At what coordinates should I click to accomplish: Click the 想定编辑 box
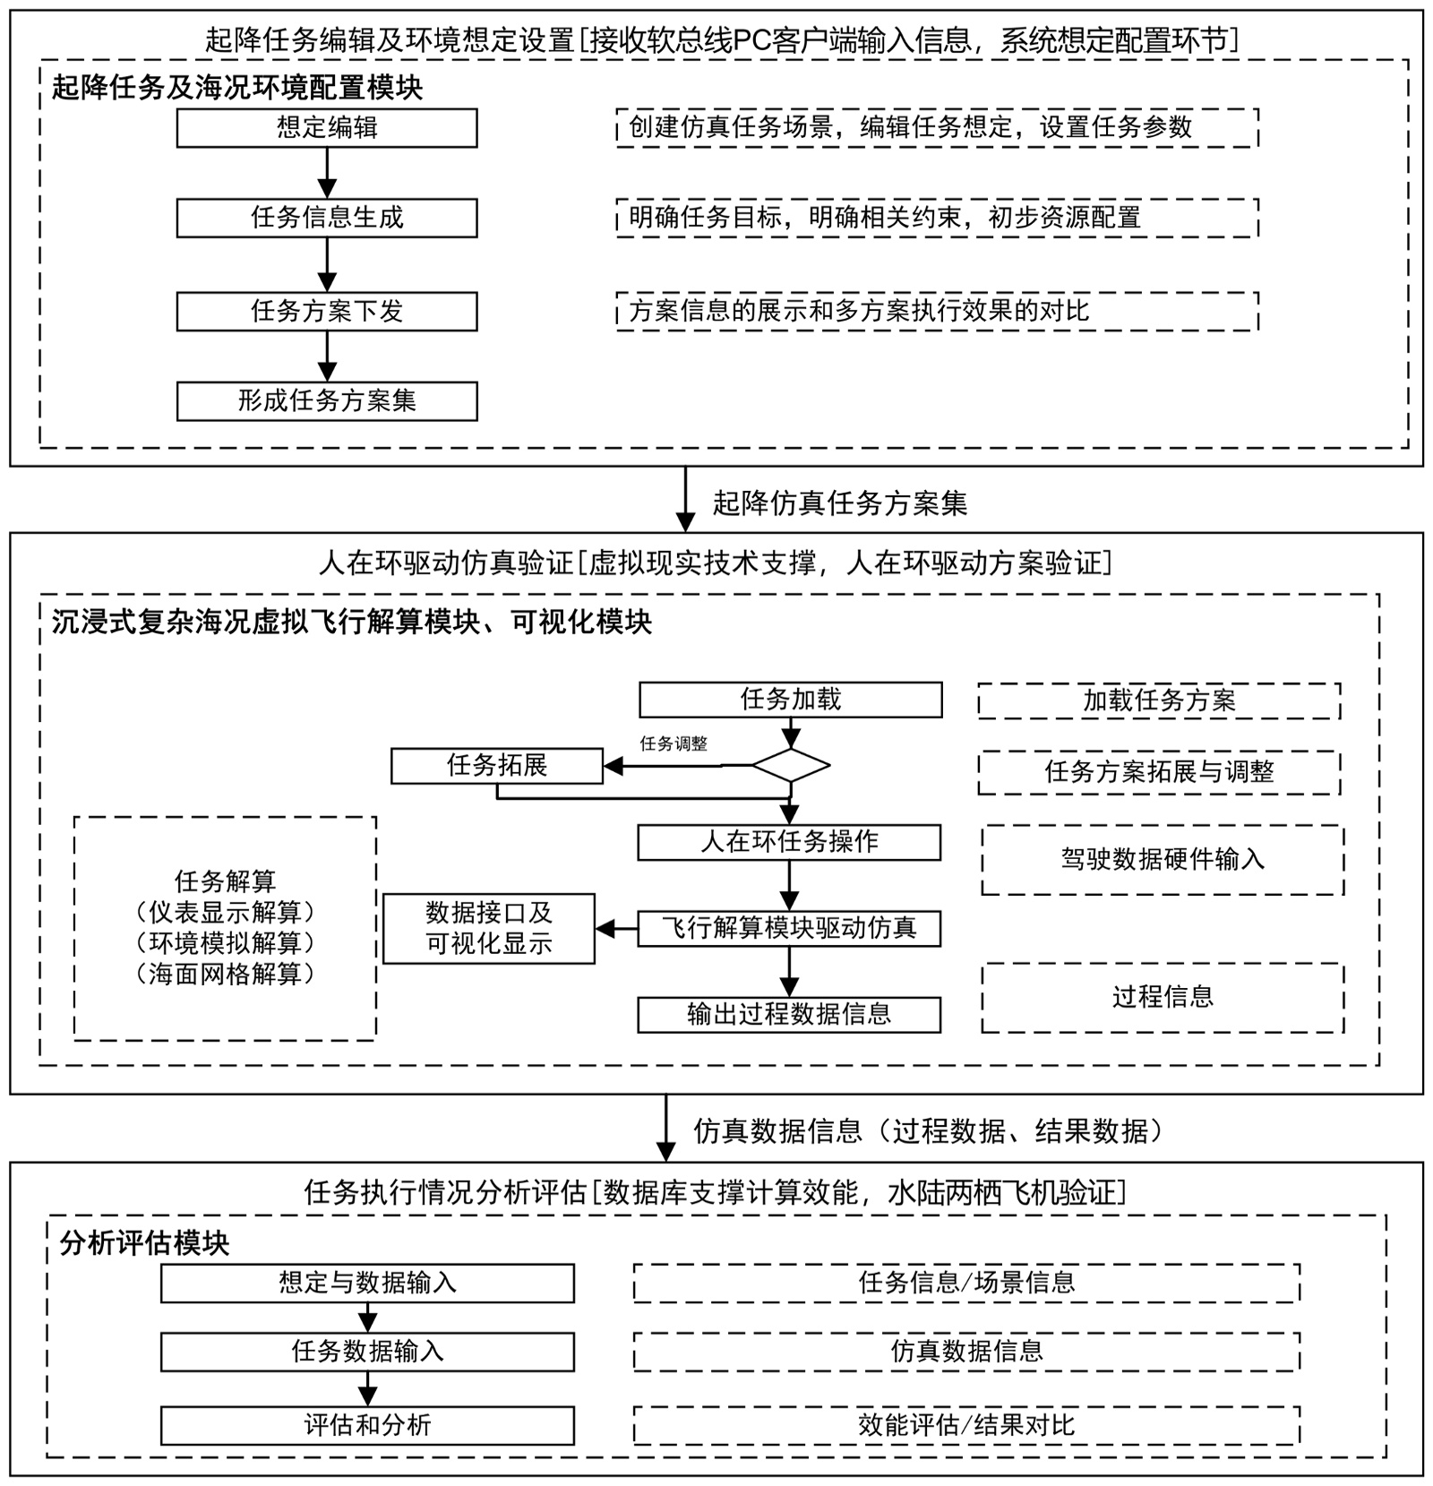(327, 128)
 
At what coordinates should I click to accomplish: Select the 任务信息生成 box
(327, 218)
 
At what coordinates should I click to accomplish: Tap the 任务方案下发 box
(327, 311)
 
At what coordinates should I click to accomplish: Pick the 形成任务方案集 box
(327, 400)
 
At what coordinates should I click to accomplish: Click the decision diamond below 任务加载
(790, 766)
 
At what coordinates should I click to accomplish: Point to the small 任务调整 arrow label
(674, 743)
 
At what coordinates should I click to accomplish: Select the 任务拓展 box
(497, 766)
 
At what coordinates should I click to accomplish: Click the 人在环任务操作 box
(789, 842)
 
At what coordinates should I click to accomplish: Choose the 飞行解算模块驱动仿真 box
(789, 928)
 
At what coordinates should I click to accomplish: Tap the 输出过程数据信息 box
(789, 1014)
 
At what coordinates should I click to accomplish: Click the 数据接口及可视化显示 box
(489, 929)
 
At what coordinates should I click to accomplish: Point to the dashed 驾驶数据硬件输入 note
(1163, 860)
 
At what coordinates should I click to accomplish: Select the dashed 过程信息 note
(1163, 997)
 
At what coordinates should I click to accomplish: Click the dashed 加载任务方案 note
(1159, 700)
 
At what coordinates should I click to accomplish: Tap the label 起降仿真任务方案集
(839, 503)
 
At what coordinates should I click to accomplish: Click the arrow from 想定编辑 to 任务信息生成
(327, 174)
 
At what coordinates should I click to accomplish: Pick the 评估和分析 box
(367, 1425)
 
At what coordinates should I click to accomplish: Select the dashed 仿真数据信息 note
(966, 1352)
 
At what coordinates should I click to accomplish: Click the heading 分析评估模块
(144, 1243)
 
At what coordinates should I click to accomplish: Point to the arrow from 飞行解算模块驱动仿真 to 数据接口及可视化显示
(616, 929)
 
